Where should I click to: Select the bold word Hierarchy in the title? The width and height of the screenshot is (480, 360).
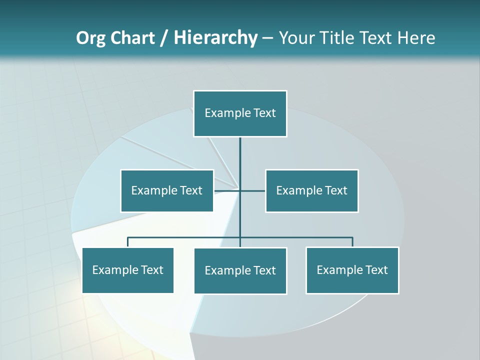point(215,38)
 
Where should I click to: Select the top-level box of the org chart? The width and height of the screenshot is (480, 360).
point(240,113)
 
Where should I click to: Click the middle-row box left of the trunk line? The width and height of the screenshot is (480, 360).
point(167,190)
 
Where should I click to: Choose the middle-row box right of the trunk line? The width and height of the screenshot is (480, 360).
point(312,190)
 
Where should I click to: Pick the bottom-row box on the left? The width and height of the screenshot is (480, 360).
point(127,270)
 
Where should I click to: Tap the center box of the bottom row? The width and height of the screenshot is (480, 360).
point(240,270)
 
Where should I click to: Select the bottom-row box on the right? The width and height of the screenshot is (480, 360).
point(352,270)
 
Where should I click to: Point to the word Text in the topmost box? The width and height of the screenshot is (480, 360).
point(264,113)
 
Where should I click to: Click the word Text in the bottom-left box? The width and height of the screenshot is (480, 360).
point(152,270)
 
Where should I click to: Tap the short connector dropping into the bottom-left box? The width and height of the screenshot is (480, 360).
point(128,242)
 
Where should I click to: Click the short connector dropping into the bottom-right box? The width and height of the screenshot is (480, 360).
point(352,242)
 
